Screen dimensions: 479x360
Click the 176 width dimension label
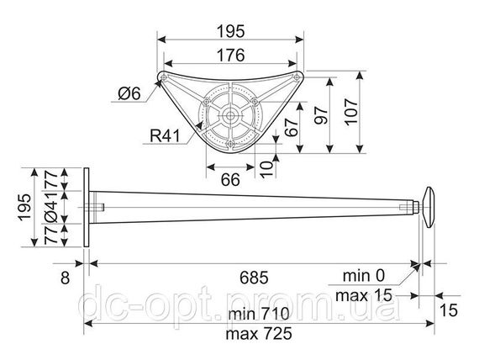tap(230, 56)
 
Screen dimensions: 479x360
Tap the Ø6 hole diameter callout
tap(129, 93)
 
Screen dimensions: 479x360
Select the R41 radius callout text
tap(165, 135)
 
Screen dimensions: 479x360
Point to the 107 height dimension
tap(352, 111)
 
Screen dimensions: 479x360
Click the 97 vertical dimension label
tap(321, 115)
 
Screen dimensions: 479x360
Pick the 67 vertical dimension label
tap(292, 127)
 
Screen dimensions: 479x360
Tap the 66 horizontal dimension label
tap(230, 180)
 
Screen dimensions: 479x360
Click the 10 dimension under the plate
tap(266, 168)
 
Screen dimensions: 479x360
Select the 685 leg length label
tap(254, 278)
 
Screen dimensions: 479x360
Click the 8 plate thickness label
tap(65, 278)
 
